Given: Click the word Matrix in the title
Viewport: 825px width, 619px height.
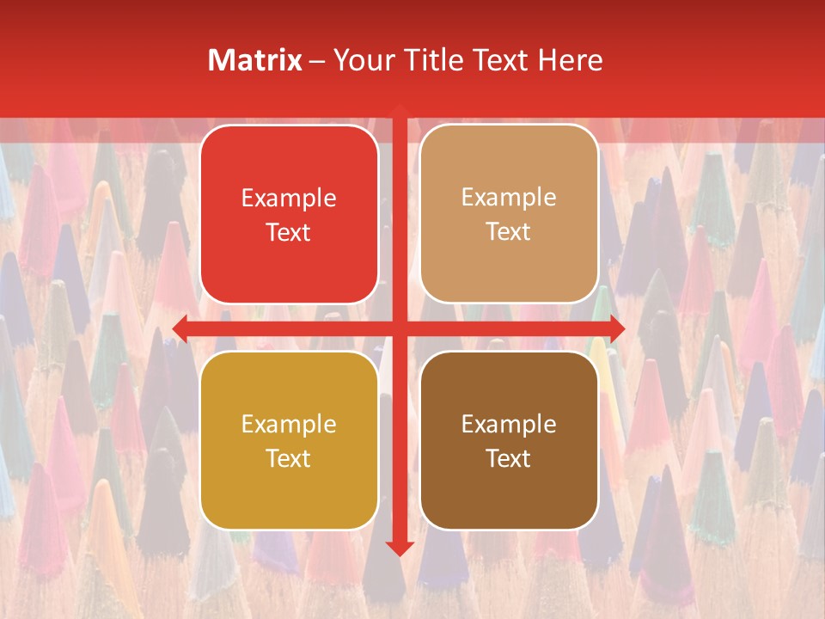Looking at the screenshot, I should tap(255, 60).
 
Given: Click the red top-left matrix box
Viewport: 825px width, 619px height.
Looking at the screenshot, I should tap(289, 215).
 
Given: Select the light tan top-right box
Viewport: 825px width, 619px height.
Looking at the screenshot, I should tap(509, 215).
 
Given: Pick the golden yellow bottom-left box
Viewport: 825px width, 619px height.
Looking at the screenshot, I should tap(289, 440).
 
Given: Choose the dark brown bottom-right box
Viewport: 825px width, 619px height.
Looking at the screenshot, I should tap(509, 440).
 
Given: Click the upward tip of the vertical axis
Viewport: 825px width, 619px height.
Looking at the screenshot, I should tap(400, 108).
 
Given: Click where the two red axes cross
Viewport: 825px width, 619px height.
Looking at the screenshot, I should tap(400, 328).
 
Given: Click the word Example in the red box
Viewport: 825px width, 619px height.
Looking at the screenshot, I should tap(289, 199).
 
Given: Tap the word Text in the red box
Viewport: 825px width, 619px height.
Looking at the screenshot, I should tap(289, 233).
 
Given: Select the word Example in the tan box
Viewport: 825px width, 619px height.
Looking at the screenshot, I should tap(509, 198).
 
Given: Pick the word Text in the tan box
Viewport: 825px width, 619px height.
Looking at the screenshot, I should tap(509, 232).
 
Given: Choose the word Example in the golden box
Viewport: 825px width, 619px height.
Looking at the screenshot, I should tap(289, 424).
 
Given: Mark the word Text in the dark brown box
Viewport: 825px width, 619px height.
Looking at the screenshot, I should tap(509, 458).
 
